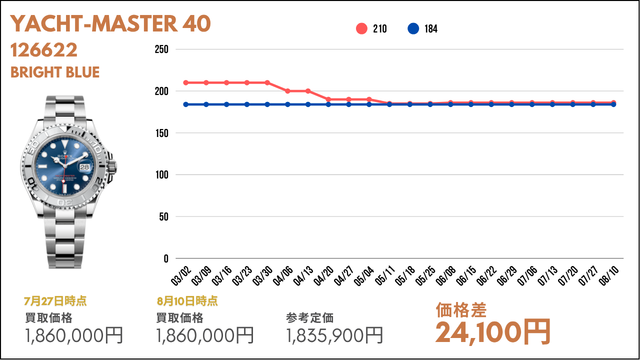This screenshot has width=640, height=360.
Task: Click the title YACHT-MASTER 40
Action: (110, 23)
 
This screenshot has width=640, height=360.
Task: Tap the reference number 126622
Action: (43, 50)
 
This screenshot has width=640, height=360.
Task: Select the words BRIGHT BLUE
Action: (55, 72)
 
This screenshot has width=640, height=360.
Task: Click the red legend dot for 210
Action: (361, 28)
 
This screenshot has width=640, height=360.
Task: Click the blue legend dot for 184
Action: (413, 28)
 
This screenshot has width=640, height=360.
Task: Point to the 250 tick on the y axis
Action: (161, 49)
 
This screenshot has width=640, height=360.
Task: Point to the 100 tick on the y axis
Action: (161, 174)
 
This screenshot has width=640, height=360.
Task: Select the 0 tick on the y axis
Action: (166, 258)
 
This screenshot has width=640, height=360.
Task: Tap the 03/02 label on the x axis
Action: (181, 275)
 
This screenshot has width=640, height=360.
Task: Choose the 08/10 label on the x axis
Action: (608, 275)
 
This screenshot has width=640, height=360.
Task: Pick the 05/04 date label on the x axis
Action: (364, 275)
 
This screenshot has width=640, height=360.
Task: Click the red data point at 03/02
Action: (185, 82)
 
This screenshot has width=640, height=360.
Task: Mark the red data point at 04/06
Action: (287, 91)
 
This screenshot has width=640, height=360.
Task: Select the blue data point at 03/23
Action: (247, 104)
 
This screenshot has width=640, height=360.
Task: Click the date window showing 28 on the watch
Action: (84, 167)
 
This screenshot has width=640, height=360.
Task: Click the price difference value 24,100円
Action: (493, 332)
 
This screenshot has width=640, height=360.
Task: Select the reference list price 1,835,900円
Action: (334, 335)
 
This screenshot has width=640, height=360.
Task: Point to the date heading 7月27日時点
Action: (55, 301)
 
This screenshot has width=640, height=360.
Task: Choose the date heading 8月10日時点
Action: (187, 301)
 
